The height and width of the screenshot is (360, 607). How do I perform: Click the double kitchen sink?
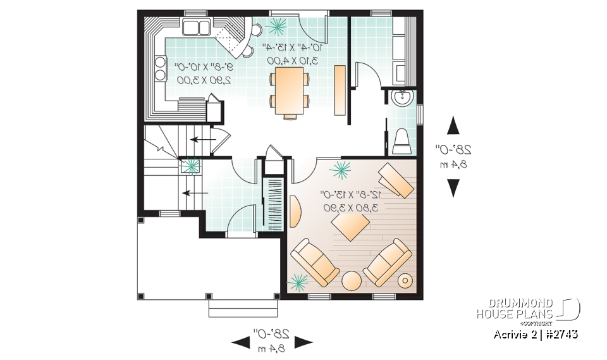pos(197,27)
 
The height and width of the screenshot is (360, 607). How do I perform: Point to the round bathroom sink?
pos(401,97)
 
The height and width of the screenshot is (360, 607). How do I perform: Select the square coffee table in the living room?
pos(351,227)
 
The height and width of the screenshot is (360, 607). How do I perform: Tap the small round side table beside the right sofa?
pos(404,280)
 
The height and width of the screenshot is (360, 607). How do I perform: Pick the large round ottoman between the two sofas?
pos(351,280)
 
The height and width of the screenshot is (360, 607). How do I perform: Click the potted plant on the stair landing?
pos(190,166)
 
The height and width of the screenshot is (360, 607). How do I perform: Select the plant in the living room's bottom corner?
pos(298,280)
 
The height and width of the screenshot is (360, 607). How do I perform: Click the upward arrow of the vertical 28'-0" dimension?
pos(453,125)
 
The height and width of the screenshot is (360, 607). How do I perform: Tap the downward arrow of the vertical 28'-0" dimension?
pos(453,188)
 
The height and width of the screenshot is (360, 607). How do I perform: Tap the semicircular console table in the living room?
pos(295,210)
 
